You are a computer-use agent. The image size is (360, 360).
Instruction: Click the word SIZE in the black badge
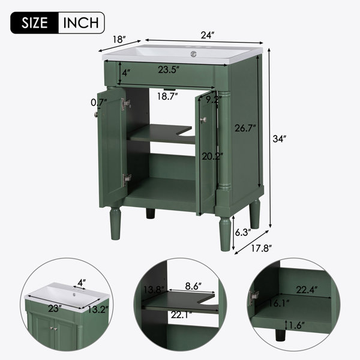(34, 23)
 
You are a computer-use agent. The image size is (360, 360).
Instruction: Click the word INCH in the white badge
(81, 23)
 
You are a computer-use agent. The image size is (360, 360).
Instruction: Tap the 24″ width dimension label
(208, 35)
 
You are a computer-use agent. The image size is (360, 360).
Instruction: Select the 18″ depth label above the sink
(119, 40)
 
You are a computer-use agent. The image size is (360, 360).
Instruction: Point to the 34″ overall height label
(280, 139)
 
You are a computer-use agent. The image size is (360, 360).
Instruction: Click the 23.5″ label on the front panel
(168, 70)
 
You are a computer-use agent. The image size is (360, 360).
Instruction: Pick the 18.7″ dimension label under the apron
(167, 96)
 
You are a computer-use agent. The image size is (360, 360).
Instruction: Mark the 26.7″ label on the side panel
(245, 128)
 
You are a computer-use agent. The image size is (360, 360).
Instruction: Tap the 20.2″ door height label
(212, 157)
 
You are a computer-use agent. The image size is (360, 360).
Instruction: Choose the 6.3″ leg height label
(243, 232)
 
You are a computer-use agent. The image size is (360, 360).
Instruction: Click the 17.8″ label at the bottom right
(262, 248)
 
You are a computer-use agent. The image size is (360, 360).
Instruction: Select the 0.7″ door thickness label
(99, 103)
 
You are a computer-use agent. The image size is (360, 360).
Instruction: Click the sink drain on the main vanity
(194, 54)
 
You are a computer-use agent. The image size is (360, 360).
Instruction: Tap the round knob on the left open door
(96, 114)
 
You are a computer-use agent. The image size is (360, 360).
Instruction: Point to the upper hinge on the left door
(126, 104)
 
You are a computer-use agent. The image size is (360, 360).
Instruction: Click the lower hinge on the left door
(127, 179)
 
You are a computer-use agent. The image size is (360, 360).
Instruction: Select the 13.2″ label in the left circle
(98, 310)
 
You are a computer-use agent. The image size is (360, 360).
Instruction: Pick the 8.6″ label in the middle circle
(193, 286)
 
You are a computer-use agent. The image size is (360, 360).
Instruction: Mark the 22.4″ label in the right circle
(307, 290)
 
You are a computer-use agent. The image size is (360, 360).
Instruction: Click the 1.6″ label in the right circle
(296, 325)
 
